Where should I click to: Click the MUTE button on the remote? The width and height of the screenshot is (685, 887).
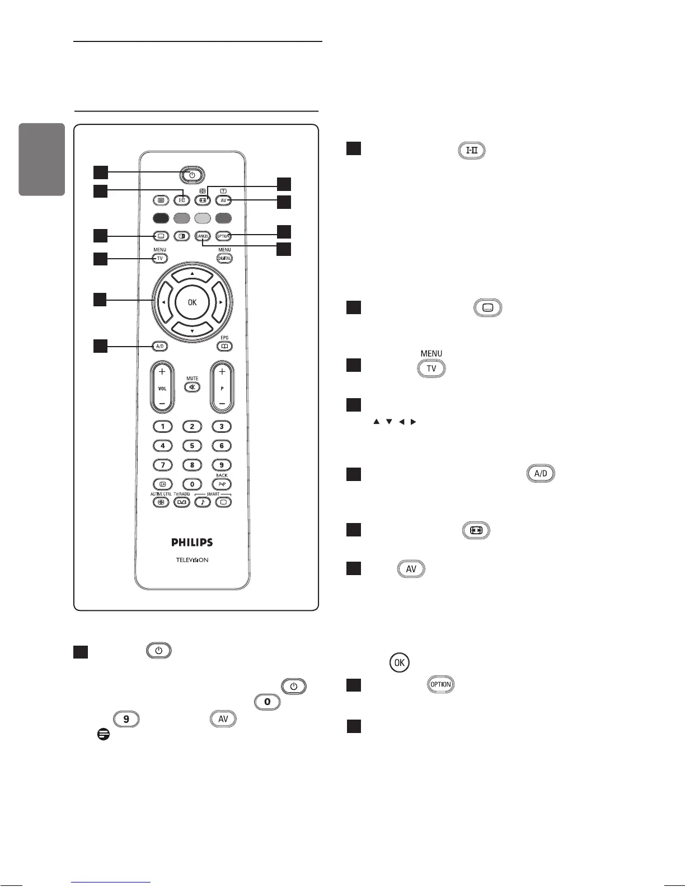point(193,387)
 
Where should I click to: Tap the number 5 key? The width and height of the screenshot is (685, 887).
point(192,446)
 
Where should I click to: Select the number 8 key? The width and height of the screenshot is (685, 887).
point(192,465)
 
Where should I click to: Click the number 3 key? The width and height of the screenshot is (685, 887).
point(222,427)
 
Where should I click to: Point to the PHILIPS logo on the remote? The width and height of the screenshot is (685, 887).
point(192,542)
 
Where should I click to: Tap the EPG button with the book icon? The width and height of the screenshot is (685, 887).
point(224,347)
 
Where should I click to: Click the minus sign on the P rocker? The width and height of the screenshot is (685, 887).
point(222,403)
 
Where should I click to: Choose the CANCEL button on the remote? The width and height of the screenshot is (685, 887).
point(203,236)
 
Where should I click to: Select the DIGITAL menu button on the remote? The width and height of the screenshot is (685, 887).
point(224,258)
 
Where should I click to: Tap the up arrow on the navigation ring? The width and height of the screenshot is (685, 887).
point(192,274)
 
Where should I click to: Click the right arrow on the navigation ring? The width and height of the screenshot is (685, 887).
point(222,302)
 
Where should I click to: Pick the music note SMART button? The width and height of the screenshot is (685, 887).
point(203,502)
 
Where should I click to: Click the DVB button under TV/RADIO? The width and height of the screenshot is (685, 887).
point(181,502)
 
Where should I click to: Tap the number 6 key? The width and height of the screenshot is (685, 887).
point(222,446)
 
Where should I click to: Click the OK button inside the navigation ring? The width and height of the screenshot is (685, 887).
point(192,302)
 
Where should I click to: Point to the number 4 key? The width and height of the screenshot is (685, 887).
point(163,446)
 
